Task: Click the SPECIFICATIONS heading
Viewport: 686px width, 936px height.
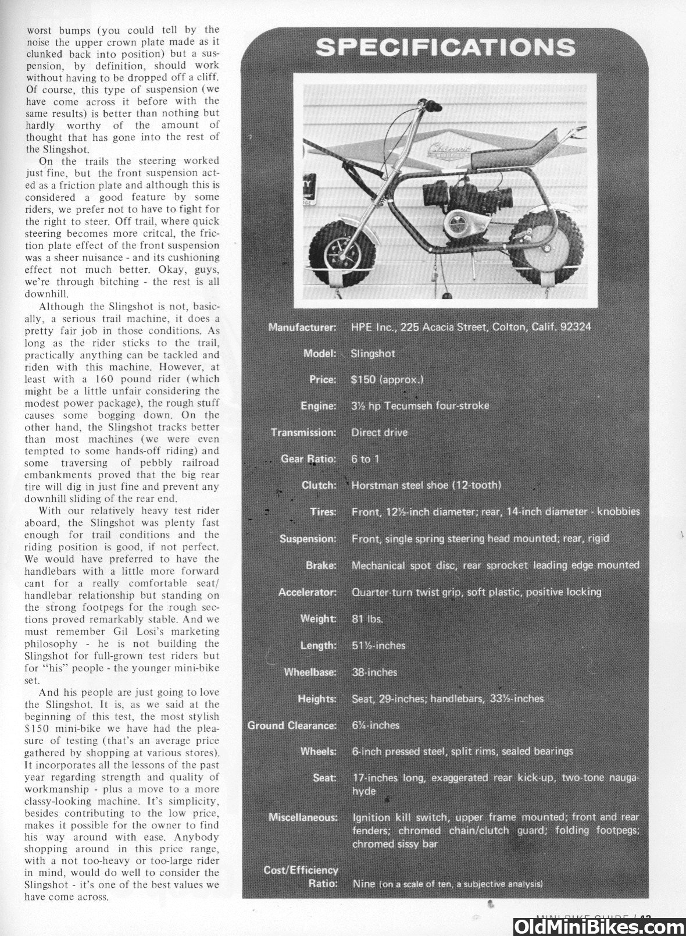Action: (445, 47)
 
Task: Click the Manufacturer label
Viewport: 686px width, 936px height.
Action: (302, 327)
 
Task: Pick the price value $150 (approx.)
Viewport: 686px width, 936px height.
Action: (387, 380)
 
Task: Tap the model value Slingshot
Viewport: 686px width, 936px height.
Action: (373, 354)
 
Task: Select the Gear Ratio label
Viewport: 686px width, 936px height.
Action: (308, 459)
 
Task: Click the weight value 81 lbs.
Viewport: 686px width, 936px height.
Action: (367, 619)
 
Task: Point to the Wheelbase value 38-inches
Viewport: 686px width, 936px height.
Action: (374, 672)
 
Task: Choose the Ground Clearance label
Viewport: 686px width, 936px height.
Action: (292, 725)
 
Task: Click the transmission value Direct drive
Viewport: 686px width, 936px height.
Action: (379, 433)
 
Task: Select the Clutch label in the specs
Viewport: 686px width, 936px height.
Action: (319, 485)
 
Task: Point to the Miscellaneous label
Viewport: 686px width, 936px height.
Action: (302, 817)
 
